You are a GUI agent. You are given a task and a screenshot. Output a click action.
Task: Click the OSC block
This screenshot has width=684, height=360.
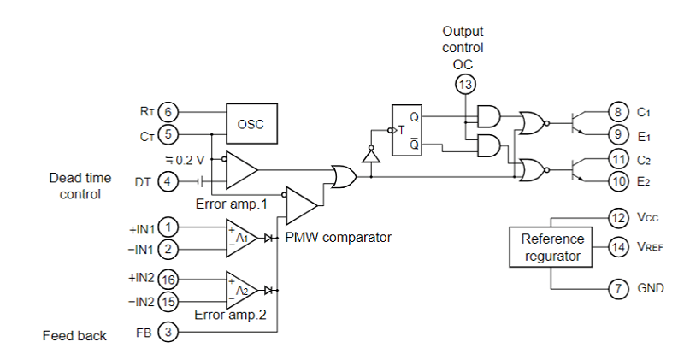coord(251,123)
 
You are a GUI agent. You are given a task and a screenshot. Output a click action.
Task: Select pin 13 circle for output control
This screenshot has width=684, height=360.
coord(465,84)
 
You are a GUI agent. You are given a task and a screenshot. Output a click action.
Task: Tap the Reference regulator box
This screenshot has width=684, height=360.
coord(551,247)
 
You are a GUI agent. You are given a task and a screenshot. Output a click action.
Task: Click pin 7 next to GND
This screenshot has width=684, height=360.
coord(618,288)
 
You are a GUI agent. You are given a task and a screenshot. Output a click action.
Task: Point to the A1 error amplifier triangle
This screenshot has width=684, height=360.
coord(241,238)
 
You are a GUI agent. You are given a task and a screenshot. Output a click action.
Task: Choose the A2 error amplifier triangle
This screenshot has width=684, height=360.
coord(241,290)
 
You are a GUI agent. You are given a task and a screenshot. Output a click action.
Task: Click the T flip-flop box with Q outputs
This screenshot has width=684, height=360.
coord(407,130)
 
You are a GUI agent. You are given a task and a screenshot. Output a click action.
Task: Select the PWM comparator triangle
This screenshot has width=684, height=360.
coord(302,205)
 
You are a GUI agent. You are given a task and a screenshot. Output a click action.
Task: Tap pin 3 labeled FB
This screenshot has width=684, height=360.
coord(168,332)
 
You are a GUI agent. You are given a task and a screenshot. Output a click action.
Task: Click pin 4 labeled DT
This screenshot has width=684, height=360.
coord(168,180)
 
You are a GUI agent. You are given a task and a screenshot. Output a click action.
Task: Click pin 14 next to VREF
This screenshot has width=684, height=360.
coord(618,247)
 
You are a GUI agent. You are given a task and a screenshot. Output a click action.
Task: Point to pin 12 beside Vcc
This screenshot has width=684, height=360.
coord(618,217)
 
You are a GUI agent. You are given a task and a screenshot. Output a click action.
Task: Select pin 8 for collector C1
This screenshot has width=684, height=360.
coord(618,112)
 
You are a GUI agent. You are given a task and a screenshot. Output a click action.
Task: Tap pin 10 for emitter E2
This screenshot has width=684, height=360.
coord(618,180)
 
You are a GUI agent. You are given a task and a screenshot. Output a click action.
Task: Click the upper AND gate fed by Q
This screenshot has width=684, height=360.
coord(489,116)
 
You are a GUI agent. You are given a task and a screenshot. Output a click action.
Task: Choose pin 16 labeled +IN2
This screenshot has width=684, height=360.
coord(168,280)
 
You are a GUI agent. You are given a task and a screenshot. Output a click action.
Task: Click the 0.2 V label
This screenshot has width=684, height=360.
coord(186,160)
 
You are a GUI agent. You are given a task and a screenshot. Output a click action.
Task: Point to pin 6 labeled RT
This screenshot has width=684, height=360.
coord(168,112)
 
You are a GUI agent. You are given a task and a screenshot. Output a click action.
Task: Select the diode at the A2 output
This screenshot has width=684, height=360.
coord(268,290)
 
